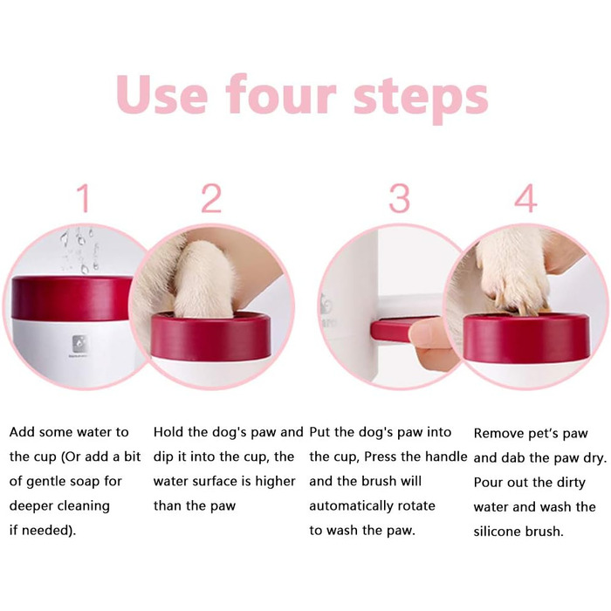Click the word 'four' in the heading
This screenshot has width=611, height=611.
(280, 94)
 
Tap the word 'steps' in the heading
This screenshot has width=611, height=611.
(421, 100)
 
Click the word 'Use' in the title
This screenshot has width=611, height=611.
(162, 94)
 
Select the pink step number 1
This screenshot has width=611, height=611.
(84, 198)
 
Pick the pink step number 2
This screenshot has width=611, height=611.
(211, 198)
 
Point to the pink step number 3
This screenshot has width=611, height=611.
(400, 198)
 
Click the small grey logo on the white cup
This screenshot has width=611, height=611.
(79, 344)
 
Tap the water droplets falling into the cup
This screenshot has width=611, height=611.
(80, 251)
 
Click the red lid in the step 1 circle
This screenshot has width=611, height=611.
(72, 299)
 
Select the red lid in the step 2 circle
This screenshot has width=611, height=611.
(211, 336)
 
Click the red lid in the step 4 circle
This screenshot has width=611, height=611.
(526, 339)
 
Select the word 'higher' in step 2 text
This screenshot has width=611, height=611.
(275, 482)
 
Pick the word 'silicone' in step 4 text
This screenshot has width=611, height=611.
(497, 532)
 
